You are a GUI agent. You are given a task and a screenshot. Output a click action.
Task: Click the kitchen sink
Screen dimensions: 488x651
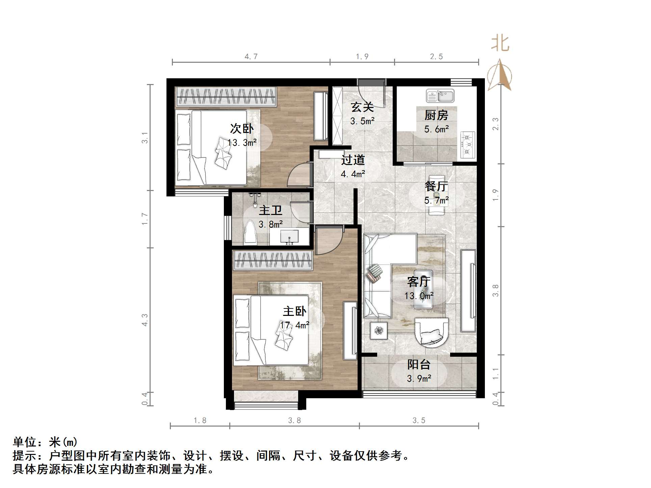pos(440,96)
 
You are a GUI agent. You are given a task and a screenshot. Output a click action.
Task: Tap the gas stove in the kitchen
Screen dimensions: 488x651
pos(468,145)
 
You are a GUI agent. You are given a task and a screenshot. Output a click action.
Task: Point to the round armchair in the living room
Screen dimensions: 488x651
pos(432,332)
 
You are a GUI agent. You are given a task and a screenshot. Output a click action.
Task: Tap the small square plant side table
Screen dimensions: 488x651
pos(379,331)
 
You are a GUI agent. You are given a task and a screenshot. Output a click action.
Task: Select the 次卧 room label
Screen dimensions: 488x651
pos(242,129)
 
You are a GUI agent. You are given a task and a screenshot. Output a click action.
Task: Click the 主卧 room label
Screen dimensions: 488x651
pos(294,311)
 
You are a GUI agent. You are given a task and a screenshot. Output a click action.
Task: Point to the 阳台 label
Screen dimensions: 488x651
pos(419,364)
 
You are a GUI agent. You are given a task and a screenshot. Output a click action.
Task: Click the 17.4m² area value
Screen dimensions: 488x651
pos(294,325)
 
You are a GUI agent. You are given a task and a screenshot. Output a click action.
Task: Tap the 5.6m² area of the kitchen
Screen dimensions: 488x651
pos(436,129)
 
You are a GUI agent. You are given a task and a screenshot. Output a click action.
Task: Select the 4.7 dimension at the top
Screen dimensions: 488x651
pos(251,56)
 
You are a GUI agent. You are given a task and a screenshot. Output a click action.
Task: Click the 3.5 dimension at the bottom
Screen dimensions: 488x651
pos(419,421)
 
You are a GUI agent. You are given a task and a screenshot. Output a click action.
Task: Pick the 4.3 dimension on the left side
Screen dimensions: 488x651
pos(145,320)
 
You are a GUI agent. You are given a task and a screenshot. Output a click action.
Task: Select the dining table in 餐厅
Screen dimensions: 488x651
pos(437,195)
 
